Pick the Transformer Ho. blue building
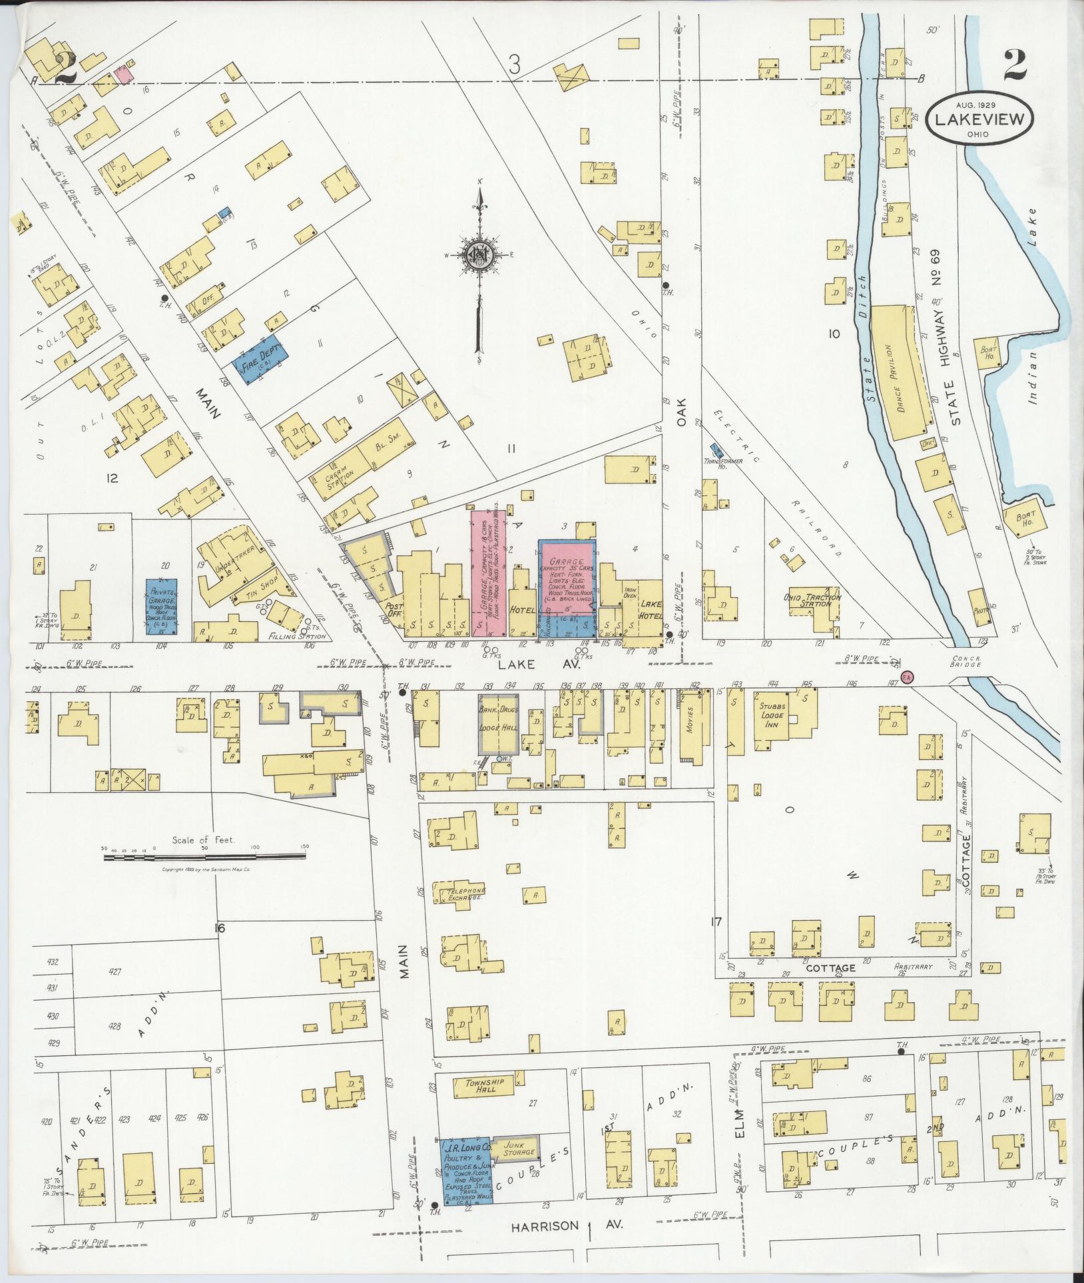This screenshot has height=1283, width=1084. tap(716, 450)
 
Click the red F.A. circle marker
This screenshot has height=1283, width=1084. tap(906, 676)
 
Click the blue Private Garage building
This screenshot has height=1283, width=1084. tap(160, 605)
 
